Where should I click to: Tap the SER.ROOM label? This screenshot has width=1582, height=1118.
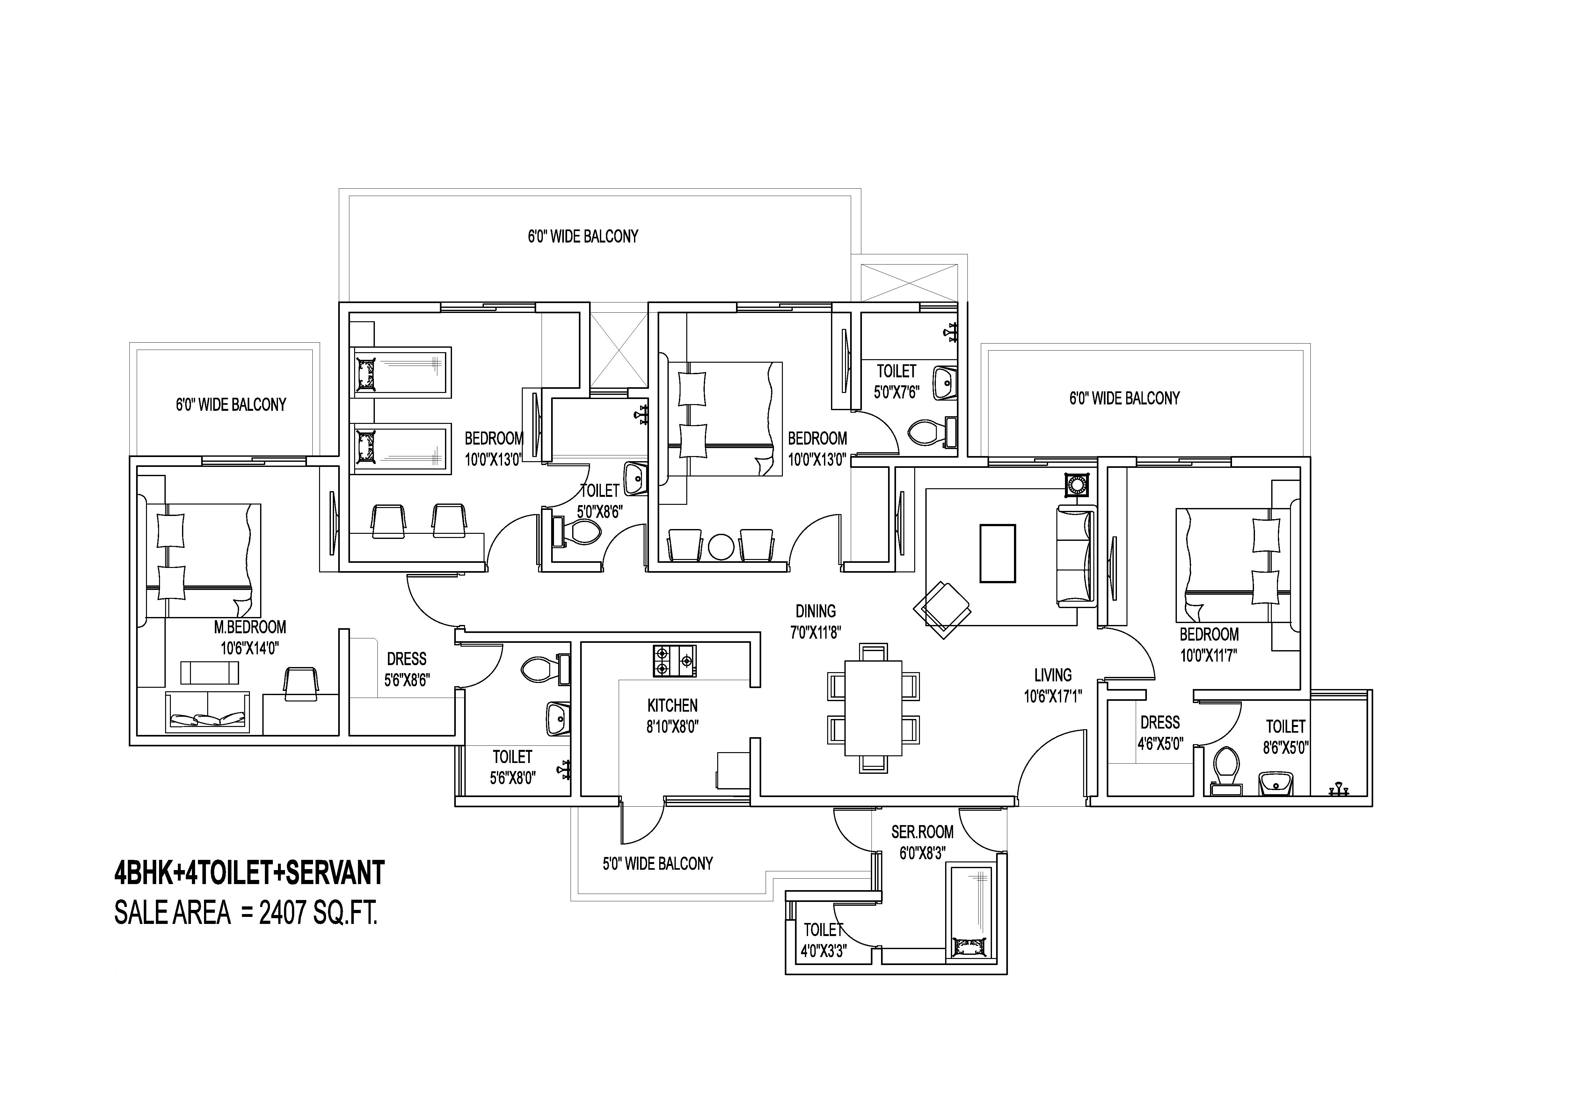point(922,832)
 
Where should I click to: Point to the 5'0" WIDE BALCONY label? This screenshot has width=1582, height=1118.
point(657,864)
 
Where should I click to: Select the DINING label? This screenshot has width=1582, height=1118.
point(816,611)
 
